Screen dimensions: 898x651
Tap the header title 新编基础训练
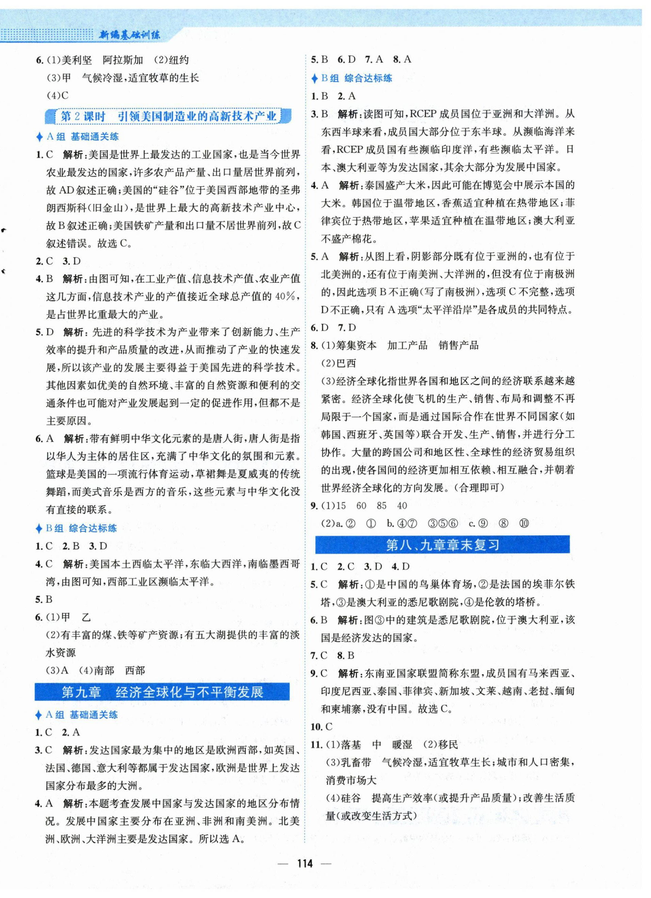(x=130, y=35)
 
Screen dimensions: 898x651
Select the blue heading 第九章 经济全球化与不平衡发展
(x=162, y=692)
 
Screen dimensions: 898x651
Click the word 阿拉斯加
(x=123, y=60)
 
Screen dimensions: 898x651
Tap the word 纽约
(x=179, y=60)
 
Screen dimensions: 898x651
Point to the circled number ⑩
(x=523, y=523)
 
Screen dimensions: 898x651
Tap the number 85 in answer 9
(x=382, y=506)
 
